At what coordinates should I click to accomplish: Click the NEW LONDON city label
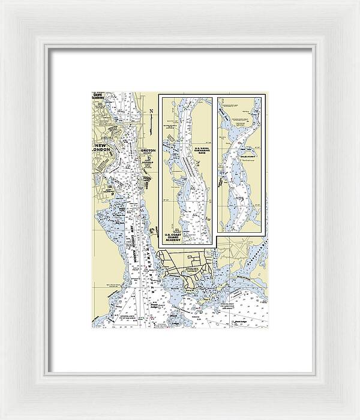click(x=103, y=148)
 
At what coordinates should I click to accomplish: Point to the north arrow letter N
click(x=152, y=111)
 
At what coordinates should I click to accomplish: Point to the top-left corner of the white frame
click(x=2, y=2)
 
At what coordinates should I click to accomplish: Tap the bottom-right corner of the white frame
click(x=358, y=418)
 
